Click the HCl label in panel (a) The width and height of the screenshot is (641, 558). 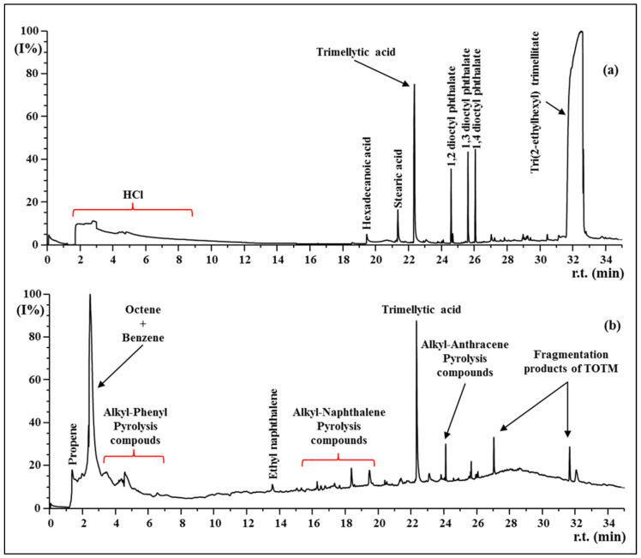[132, 195]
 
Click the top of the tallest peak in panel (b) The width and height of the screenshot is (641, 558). [90, 296]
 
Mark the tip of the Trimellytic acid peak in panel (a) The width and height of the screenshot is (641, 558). [414, 84]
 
